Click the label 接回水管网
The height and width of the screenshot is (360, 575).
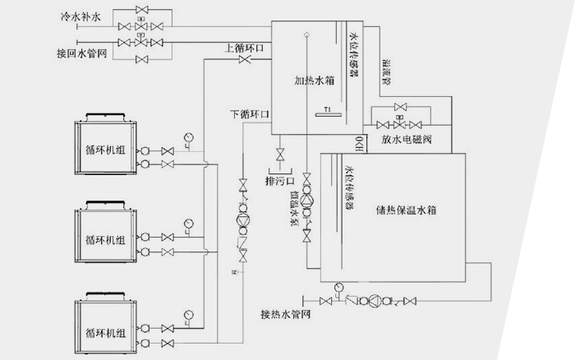tap(80, 53)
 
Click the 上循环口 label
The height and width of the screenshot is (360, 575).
tap(243, 48)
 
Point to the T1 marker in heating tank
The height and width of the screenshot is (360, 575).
tap(326, 109)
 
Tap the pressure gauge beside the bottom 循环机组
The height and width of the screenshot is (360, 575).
tap(189, 313)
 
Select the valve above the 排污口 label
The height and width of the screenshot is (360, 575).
tap(280, 155)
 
